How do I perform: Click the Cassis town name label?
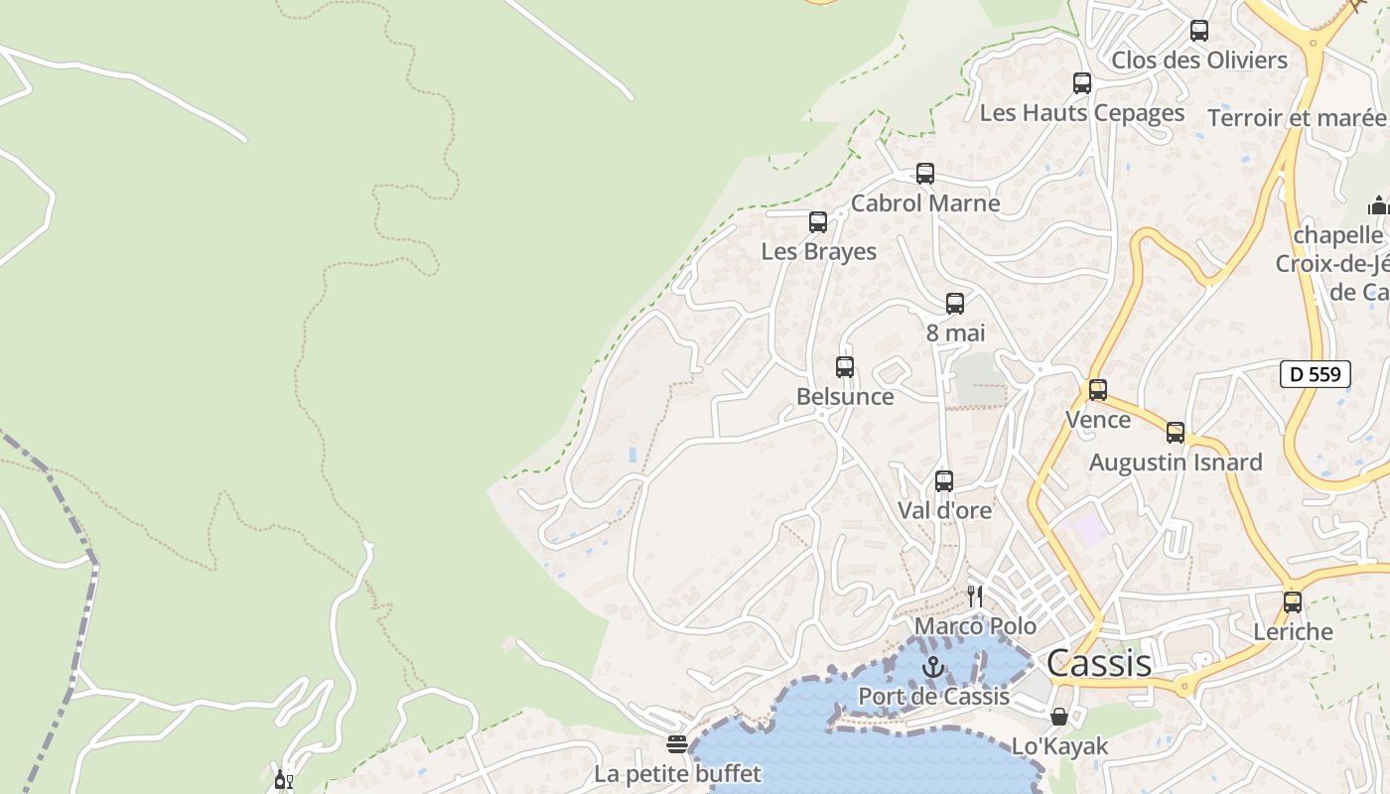(x=1099, y=663)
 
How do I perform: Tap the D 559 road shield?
(x=1316, y=374)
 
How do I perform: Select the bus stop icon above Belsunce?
(x=845, y=367)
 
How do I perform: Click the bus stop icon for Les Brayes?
(x=818, y=222)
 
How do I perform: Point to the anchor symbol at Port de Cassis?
(x=931, y=667)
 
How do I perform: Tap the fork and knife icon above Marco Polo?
(x=975, y=596)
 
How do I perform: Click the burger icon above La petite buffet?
(x=677, y=744)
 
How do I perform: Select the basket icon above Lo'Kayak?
(x=1059, y=717)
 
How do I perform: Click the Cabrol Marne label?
(x=925, y=203)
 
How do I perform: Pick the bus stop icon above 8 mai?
(x=955, y=304)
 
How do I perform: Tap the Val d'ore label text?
(x=944, y=510)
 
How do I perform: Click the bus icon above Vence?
(x=1097, y=390)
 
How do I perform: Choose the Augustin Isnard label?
(x=1176, y=463)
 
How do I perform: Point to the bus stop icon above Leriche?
(x=1292, y=601)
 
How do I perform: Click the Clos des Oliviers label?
(x=1199, y=61)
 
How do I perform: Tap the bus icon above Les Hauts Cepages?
(x=1082, y=83)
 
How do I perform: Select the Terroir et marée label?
(x=1297, y=118)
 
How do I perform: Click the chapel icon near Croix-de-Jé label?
(x=1378, y=205)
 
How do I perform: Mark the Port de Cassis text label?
(x=933, y=697)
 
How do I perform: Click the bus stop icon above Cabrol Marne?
(x=925, y=174)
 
